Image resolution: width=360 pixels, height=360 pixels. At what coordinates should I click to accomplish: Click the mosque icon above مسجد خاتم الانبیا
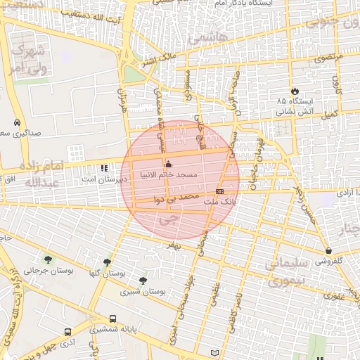pyautogui.click(x=167, y=165)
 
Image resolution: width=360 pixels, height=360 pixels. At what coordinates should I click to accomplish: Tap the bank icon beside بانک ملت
pyautogui.click(x=220, y=191)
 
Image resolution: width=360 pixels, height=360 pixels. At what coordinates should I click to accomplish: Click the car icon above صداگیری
pyautogui.click(x=16, y=122)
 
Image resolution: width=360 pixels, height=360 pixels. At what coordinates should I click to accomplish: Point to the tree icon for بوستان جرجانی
pyautogui.click(x=49, y=259)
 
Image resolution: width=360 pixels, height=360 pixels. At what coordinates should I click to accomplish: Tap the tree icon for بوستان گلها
pyautogui.click(x=107, y=262)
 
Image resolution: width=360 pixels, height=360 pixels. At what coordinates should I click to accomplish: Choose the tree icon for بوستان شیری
pyautogui.click(x=143, y=281)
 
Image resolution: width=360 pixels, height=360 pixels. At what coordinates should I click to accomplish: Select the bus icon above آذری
pyautogui.click(x=67, y=332)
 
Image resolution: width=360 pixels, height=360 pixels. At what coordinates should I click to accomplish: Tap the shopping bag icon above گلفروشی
pyautogui.click(x=328, y=250)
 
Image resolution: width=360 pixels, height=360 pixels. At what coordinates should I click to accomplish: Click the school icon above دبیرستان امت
pyautogui.click(x=105, y=168)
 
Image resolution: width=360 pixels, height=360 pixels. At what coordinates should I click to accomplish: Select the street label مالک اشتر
pyautogui.click(x=157, y=62)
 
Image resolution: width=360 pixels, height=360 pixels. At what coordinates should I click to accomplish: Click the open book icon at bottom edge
pyautogui.click(x=215, y=352)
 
